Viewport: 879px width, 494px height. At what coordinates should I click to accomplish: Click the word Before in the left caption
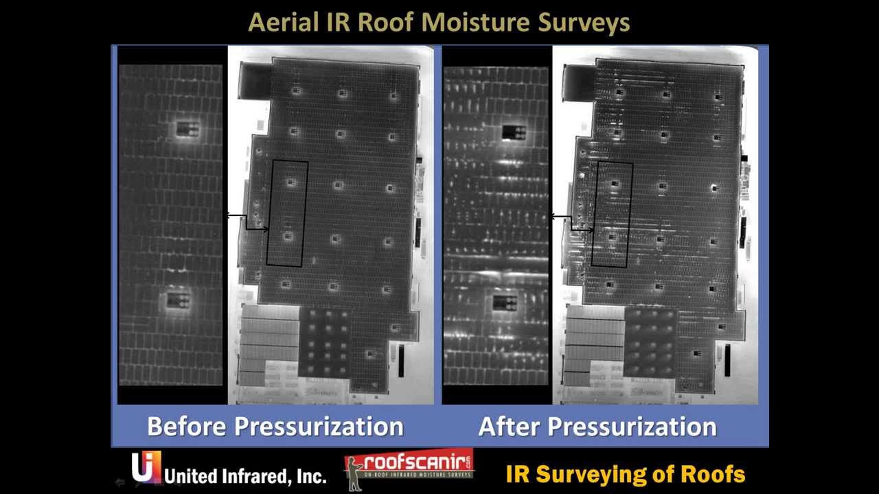(x=186, y=426)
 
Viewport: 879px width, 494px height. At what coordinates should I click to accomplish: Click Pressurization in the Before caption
(x=319, y=426)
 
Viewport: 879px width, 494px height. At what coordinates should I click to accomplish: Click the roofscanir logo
(x=409, y=469)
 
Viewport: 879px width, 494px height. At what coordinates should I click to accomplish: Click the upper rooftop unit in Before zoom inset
(x=187, y=128)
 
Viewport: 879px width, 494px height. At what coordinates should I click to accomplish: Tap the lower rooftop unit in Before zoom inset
(x=179, y=299)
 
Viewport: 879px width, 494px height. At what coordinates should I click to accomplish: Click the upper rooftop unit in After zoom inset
(x=514, y=132)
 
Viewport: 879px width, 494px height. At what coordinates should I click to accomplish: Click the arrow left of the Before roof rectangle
(x=247, y=222)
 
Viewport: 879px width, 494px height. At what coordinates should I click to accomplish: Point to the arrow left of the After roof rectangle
(x=572, y=222)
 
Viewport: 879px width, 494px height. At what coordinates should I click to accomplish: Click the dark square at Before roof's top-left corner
(x=254, y=80)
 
